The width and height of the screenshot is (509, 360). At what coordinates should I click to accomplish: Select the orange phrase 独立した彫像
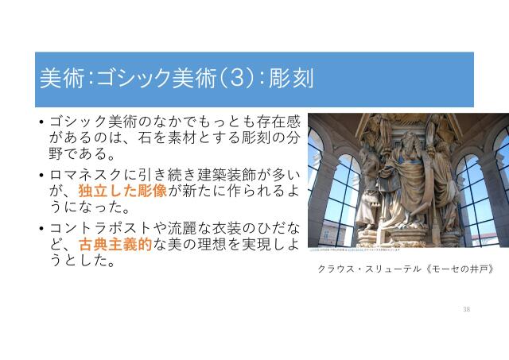[x=122, y=192]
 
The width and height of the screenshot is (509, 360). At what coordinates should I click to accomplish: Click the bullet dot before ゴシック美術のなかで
[x=41, y=122]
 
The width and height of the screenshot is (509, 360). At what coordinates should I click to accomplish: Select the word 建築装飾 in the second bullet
[x=216, y=174]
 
